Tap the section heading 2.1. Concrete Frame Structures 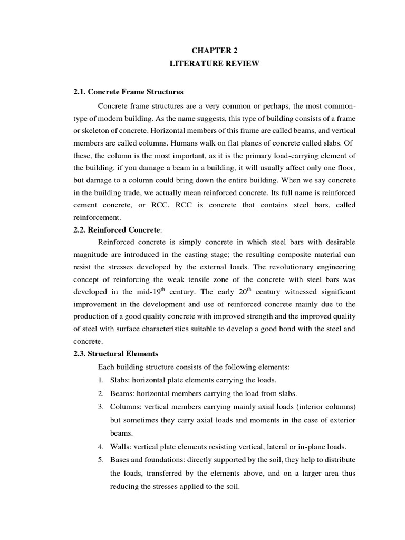pos(128,91)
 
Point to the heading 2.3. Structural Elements pos(115,353)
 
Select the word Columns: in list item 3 pos(126,407)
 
